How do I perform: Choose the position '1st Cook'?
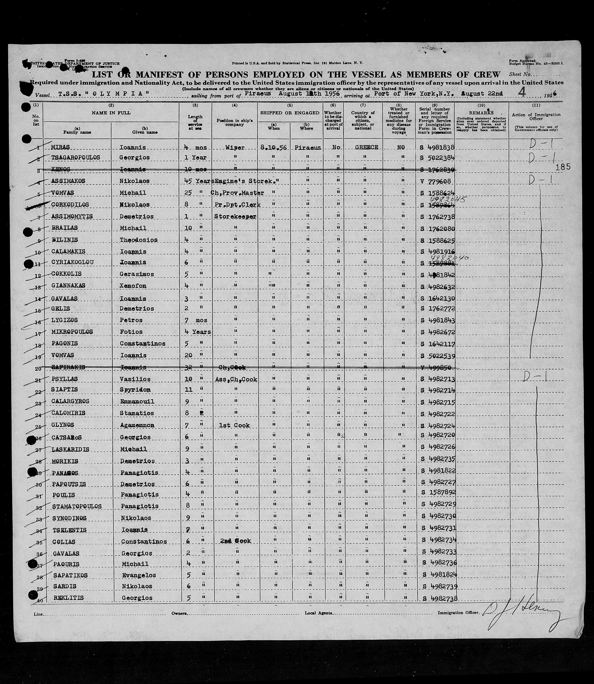click(235, 425)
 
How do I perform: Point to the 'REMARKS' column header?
click(481, 113)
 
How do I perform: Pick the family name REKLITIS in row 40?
click(67, 598)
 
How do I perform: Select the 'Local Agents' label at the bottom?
click(319, 613)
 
